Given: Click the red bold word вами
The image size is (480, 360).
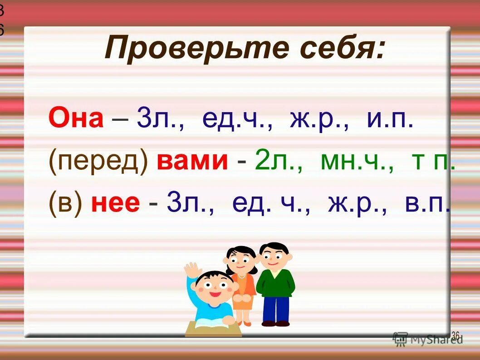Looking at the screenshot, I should pyautogui.click(x=192, y=162).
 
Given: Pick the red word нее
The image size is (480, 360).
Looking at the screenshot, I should pyautogui.click(x=115, y=202).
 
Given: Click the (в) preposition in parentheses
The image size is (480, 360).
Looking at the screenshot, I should pyautogui.click(x=65, y=202).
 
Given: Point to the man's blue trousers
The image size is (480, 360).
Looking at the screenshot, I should pyautogui.click(x=275, y=309).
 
